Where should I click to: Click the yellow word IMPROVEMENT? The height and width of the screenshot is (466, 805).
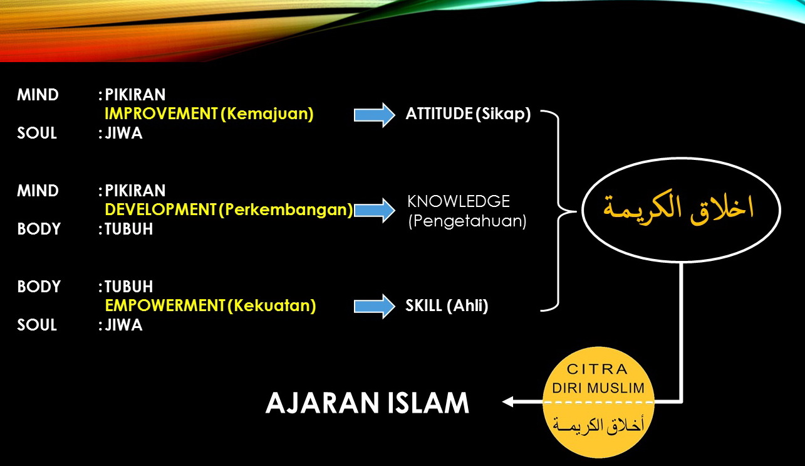coord(161,114)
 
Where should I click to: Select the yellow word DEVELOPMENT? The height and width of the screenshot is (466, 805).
coord(160,209)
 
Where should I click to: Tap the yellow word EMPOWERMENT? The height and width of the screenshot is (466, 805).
coord(165,305)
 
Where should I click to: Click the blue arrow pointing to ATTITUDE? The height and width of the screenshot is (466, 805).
coord(375,115)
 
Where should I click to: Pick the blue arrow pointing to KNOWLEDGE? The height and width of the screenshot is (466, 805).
coord(375,211)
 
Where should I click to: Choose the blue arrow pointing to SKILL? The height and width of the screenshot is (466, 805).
coord(375,306)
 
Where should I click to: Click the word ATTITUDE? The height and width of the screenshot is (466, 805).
coord(439,114)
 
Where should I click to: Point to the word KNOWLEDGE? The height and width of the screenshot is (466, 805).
coord(459,201)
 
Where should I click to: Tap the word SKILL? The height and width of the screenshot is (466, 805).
coord(423,305)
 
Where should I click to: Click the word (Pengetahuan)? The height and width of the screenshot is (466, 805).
coord(467,221)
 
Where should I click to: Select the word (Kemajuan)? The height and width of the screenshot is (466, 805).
coord(267,114)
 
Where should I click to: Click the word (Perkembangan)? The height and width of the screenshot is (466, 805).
coord(286,210)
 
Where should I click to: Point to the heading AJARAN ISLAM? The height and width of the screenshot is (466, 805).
coord(367,403)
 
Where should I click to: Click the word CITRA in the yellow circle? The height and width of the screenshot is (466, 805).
coord(597,369)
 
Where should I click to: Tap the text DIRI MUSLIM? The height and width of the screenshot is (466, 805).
coord(598,388)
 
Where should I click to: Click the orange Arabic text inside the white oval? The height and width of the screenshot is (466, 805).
coord(678,209)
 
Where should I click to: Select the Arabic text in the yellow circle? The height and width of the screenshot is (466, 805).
coord(598,425)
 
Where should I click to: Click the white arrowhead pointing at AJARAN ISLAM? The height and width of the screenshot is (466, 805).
coord(507,401)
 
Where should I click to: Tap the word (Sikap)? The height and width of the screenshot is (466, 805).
coord(503,114)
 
